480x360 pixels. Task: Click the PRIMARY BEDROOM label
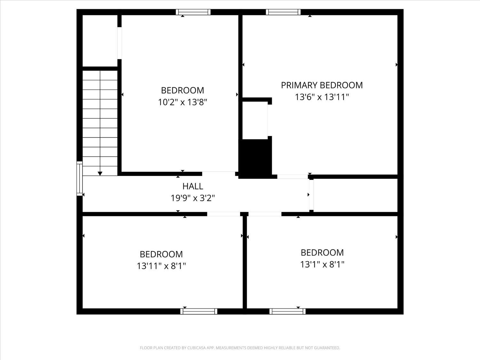tap(322, 85)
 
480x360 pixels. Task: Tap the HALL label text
tap(193, 186)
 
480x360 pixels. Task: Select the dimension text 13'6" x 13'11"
tap(322, 97)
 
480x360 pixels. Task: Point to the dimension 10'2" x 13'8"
tap(182, 102)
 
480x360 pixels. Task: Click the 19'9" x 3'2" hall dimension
tap(193, 198)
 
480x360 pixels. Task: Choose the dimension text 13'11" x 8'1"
tap(161, 266)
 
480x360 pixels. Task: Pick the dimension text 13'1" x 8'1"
tap(322, 265)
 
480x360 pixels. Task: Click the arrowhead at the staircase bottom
tap(100, 173)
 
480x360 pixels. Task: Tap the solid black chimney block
tap(255, 158)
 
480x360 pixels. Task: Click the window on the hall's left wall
tap(79, 179)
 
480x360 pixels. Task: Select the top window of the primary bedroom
tap(283, 12)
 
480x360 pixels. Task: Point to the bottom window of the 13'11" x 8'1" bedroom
tap(199, 311)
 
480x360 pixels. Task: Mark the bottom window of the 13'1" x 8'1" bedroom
tap(287, 311)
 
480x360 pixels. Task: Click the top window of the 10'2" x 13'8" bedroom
tap(193, 12)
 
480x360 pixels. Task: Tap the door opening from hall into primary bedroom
tap(292, 177)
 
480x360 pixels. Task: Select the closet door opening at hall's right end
tap(311, 195)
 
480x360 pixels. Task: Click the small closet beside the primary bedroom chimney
tap(255, 120)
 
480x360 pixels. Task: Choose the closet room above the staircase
tap(100, 41)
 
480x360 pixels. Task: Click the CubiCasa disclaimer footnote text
tap(240, 348)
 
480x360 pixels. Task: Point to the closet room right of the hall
tap(355, 195)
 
